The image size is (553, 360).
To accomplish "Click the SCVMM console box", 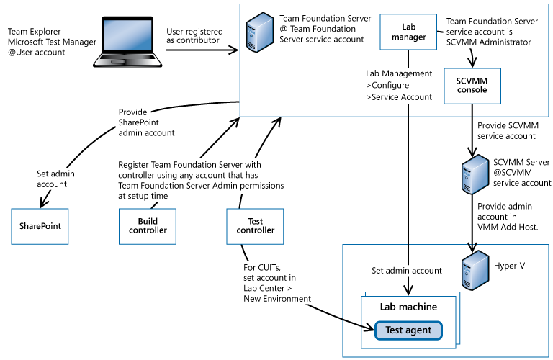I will (x=472, y=85).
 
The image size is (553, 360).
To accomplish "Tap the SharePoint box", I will (x=40, y=225).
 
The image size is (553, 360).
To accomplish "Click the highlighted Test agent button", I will (x=408, y=330).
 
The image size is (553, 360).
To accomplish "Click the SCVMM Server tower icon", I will (x=472, y=173).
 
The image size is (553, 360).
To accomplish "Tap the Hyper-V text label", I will (x=509, y=266).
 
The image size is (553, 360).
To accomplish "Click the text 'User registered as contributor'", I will (x=194, y=36).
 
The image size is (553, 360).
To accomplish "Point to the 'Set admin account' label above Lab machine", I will (x=406, y=271).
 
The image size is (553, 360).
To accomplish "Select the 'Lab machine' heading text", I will (x=408, y=307).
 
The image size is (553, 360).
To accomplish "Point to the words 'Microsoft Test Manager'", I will (x=52, y=42).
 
